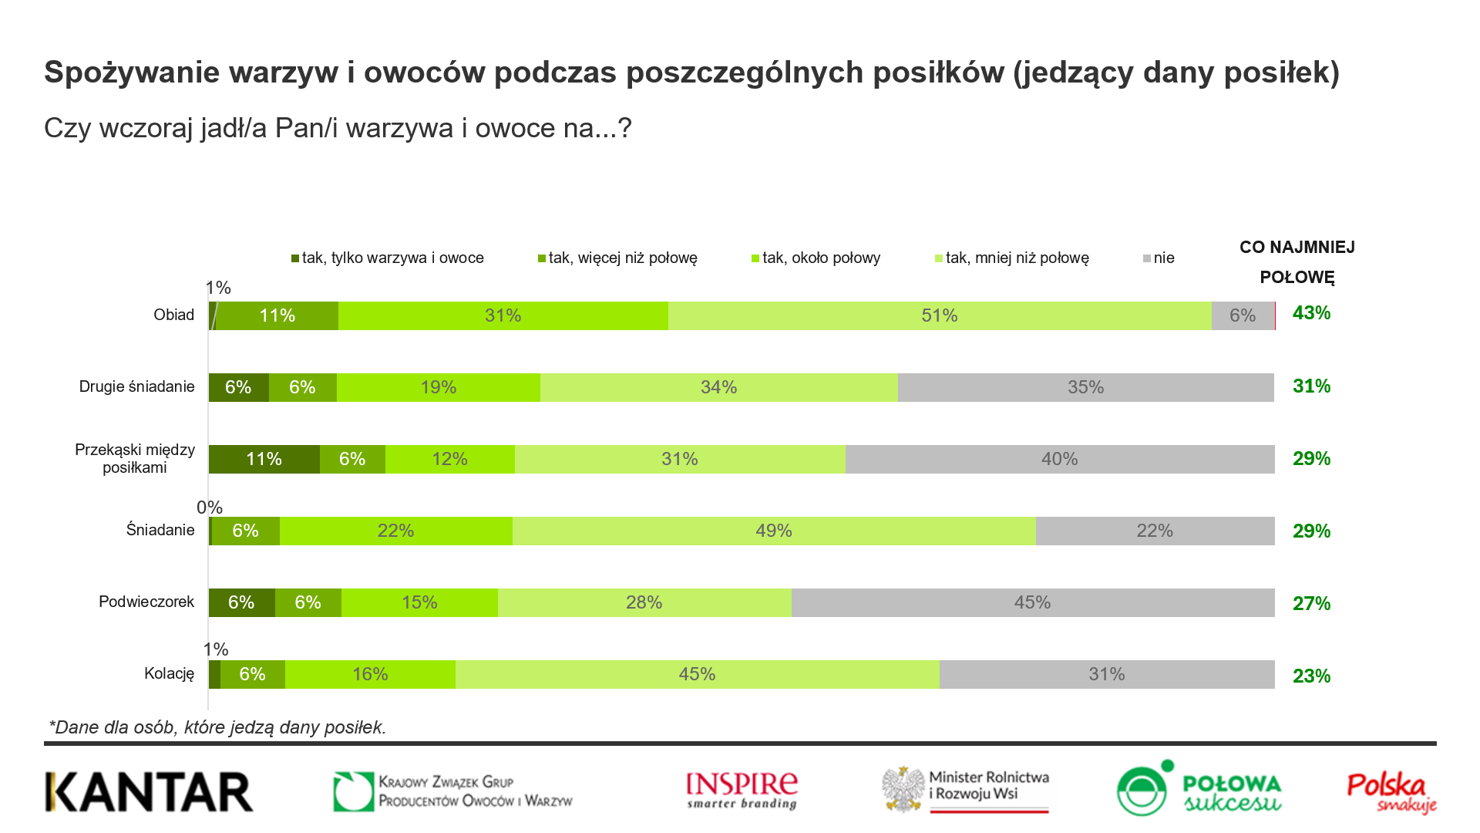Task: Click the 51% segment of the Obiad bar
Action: point(939,315)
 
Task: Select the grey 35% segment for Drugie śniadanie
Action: point(1085,387)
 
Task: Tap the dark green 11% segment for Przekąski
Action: point(264,459)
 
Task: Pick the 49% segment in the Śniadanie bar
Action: point(773,531)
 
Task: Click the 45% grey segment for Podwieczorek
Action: point(1032,602)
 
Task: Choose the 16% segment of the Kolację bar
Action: point(370,674)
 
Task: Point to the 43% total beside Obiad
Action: point(1311,313)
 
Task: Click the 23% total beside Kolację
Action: point(1311,676)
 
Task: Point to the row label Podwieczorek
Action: point(146,602)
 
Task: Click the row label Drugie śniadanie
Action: point(136,386)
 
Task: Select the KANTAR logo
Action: point(149,792)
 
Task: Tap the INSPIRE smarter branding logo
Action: point(742,791)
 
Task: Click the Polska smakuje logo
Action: point(1391,793)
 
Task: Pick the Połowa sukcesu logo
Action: point(1199,788)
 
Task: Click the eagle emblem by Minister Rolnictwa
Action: point(904,789)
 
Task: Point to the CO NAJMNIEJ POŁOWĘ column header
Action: point(1297,262)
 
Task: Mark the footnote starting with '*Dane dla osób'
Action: point(217,727)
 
